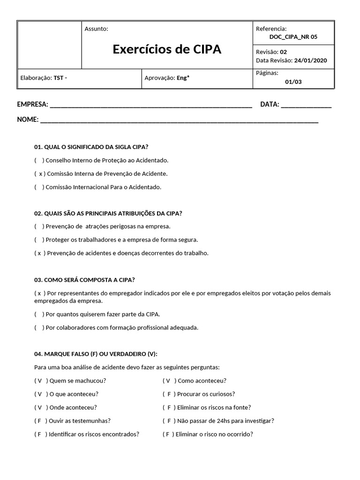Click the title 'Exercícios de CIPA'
point(167,50)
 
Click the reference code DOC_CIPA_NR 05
point(293,37)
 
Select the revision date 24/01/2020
point(310,60)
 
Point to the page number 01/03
point(293,82)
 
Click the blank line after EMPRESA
point(150,105)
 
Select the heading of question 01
point(91,147)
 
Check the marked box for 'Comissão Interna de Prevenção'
point(39,173)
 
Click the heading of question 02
point(108,213)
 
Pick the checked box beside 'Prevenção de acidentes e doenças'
point(39,253)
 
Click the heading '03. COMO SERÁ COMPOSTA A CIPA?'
point(84,280)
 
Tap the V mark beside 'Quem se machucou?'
point(40,381)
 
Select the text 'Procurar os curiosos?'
point(206,394)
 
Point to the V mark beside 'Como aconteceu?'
point(168,381)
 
